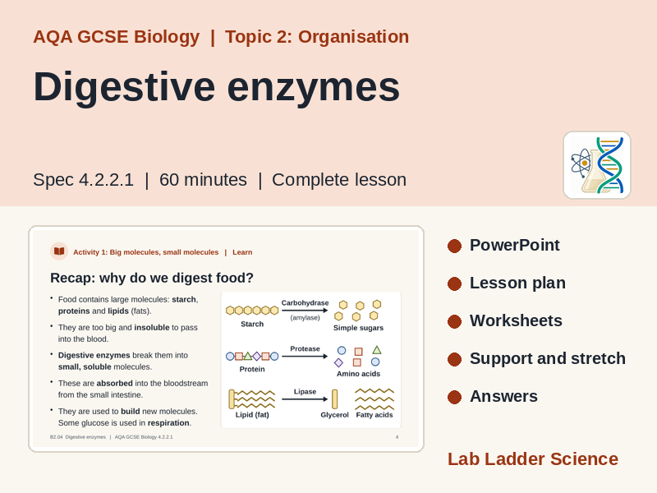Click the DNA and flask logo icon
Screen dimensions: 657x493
[597, 165]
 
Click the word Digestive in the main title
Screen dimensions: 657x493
[125, 88]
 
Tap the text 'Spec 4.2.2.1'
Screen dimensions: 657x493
[84, 180]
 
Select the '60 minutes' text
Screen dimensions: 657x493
[203, 180]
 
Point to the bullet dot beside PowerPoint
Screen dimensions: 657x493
[454, 246]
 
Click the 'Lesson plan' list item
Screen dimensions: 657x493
[517, 283]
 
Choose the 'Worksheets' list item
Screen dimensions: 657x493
[516, 320]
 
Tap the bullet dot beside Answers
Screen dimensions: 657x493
[454, 397]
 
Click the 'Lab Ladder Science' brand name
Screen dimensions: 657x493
[533, 459]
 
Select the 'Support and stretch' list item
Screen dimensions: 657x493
[548, 358]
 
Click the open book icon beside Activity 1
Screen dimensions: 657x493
[59, 251]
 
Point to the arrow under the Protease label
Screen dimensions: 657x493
[305, 357]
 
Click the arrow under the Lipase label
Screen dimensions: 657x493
[305, 399]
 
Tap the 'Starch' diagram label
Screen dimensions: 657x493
[252, 324]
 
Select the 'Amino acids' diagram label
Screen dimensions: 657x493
[358, 374]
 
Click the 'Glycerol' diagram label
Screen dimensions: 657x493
[334, 415]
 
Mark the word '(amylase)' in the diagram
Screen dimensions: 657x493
[305, 318]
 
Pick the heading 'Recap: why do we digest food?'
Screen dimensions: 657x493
[152, 278]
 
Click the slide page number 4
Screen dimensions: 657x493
[397, 437]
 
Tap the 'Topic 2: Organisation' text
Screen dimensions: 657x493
[317, 37]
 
